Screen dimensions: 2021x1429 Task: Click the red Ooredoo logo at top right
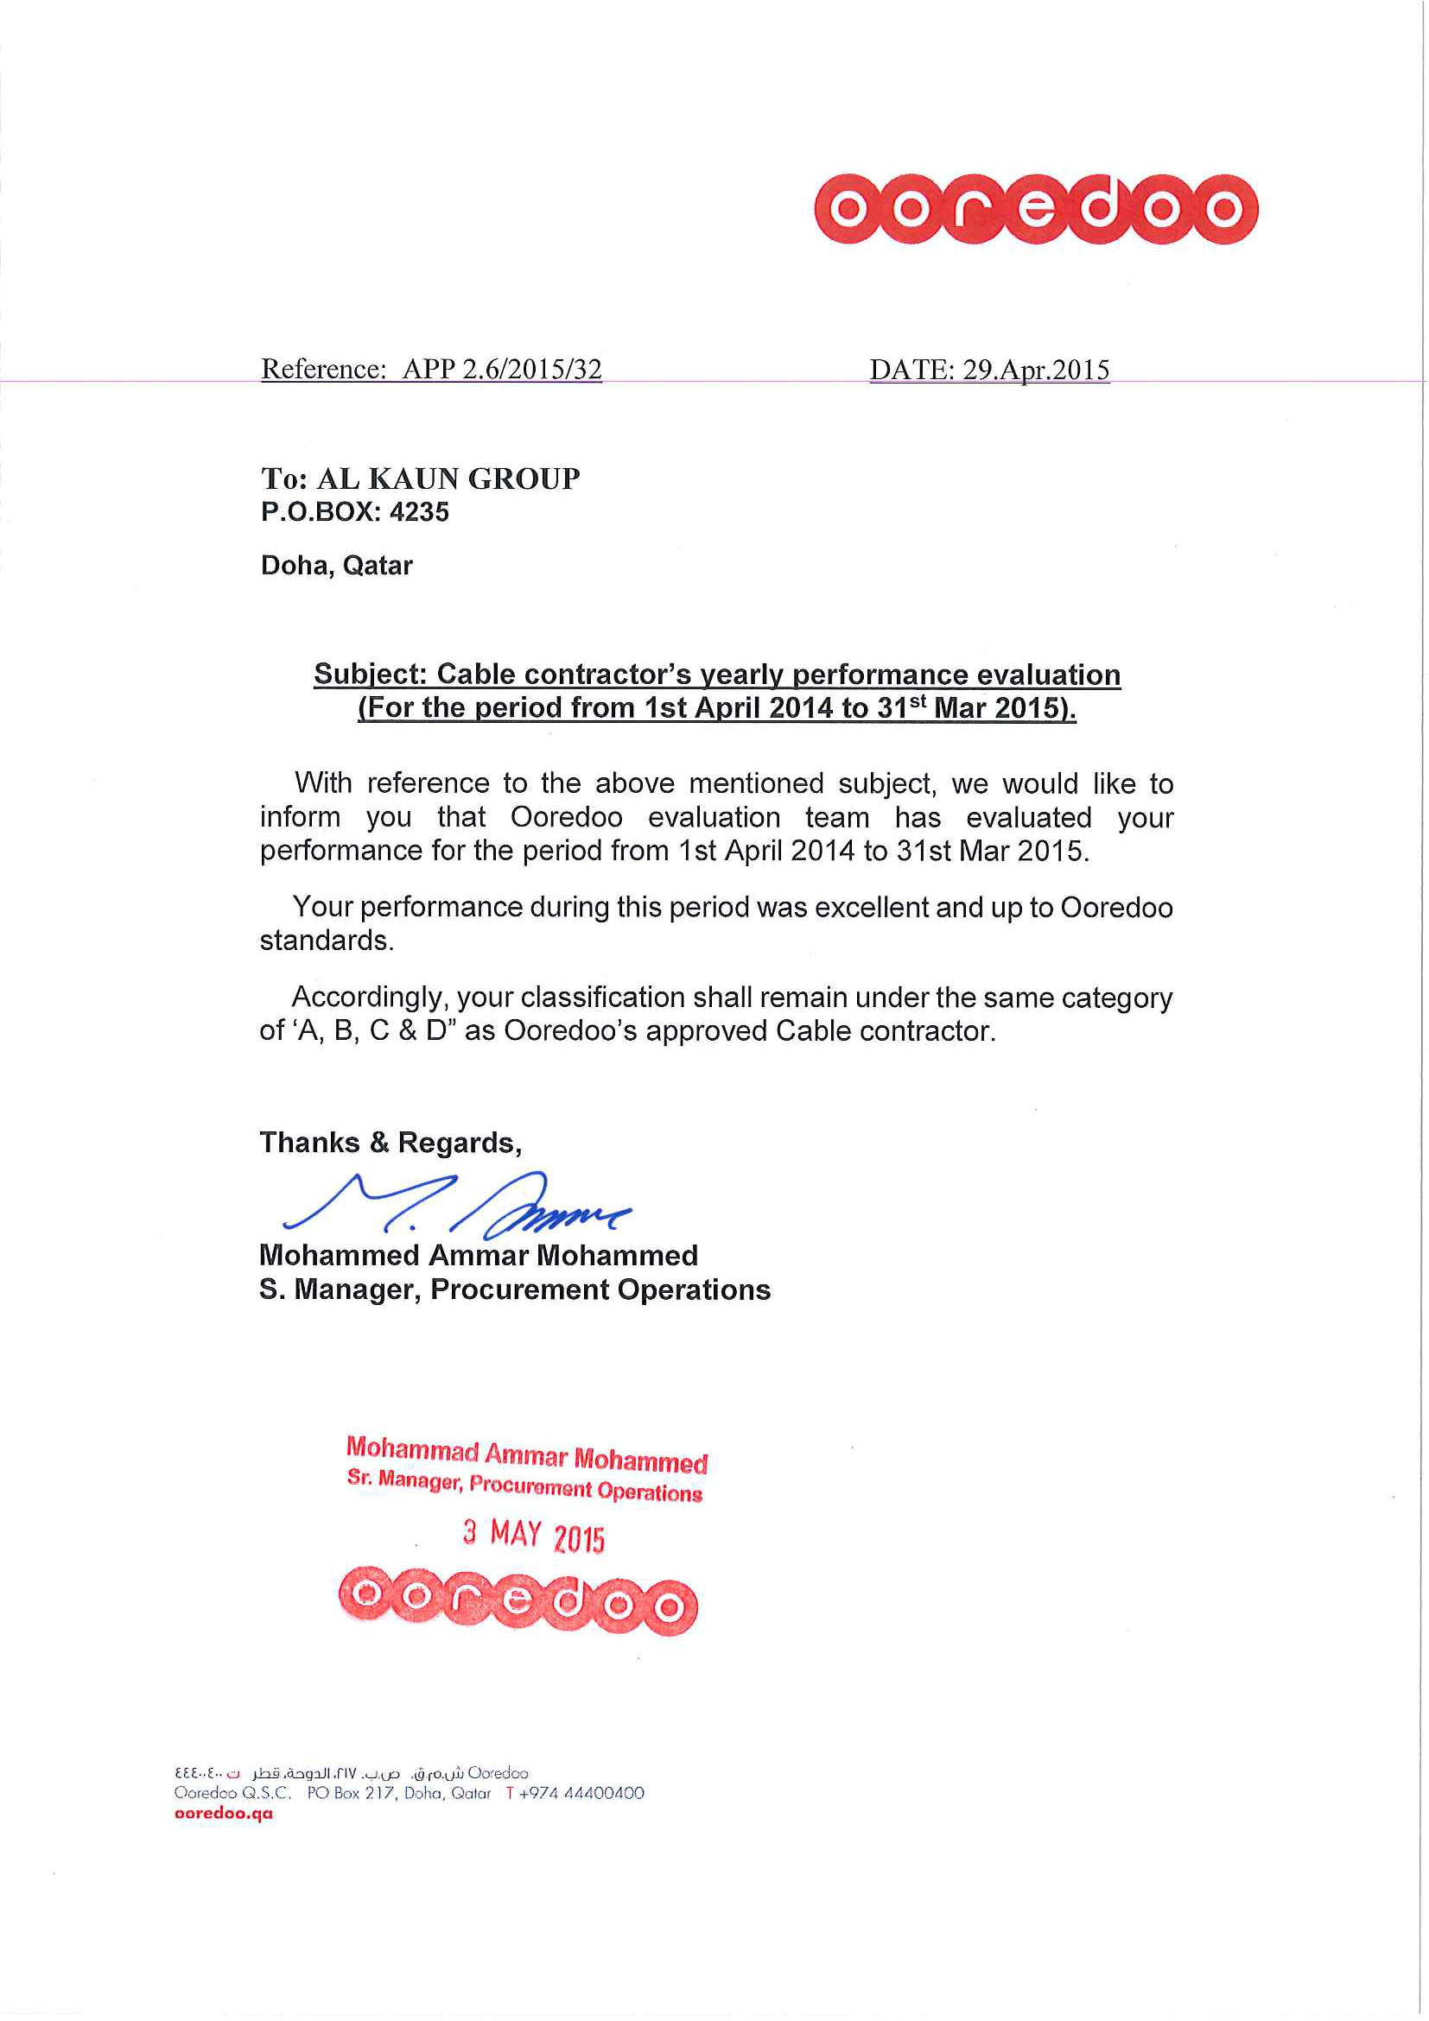[x=1035, y=209]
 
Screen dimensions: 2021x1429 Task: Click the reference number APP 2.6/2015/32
[x=502, y=369]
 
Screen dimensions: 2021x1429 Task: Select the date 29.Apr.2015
[x=1035, y=370]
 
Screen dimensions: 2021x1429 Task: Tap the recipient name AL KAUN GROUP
[x=448, y=478]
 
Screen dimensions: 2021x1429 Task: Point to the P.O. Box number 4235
[x=419, y=512]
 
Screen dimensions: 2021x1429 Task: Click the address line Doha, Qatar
[x=336, y=565]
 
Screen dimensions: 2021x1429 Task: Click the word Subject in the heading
[x=369, y=675]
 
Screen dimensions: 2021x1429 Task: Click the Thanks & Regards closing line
[x=390, y=1143]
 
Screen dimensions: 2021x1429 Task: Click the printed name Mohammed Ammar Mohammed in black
[x=478, y=1255]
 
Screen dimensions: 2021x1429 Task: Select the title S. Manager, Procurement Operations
[x=514, y=1289]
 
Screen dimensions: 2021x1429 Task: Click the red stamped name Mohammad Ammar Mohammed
[x=526, y=1454]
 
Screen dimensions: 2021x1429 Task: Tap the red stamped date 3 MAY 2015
[x=534, y=1535]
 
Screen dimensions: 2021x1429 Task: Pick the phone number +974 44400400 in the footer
[x=581, y=1793]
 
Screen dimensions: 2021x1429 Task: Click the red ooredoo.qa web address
[x=224, y=1813]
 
